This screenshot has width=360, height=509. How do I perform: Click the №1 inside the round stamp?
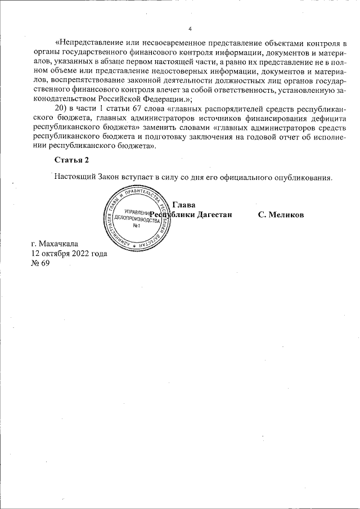pyautogui.click(x=135, y=226)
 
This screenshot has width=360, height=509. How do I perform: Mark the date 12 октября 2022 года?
pyautogui.click(x=69, y=253)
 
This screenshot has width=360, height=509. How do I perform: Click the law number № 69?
pyautogui.click(x=41, y=263)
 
